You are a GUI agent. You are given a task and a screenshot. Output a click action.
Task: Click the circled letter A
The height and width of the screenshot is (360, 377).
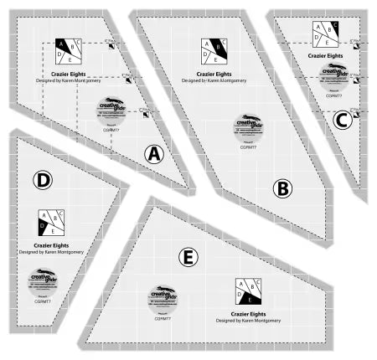[153, 153]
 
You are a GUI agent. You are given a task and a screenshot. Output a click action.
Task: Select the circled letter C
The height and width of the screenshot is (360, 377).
[340, 121]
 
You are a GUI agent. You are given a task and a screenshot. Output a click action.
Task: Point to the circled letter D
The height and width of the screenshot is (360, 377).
[44, 179]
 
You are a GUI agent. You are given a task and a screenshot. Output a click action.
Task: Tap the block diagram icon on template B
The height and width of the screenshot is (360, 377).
[213, 52]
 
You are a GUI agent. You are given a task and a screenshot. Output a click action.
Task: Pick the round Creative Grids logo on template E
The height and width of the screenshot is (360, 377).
[163, 297]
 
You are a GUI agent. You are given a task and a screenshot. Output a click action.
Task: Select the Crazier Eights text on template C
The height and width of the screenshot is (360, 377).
[327, 54]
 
